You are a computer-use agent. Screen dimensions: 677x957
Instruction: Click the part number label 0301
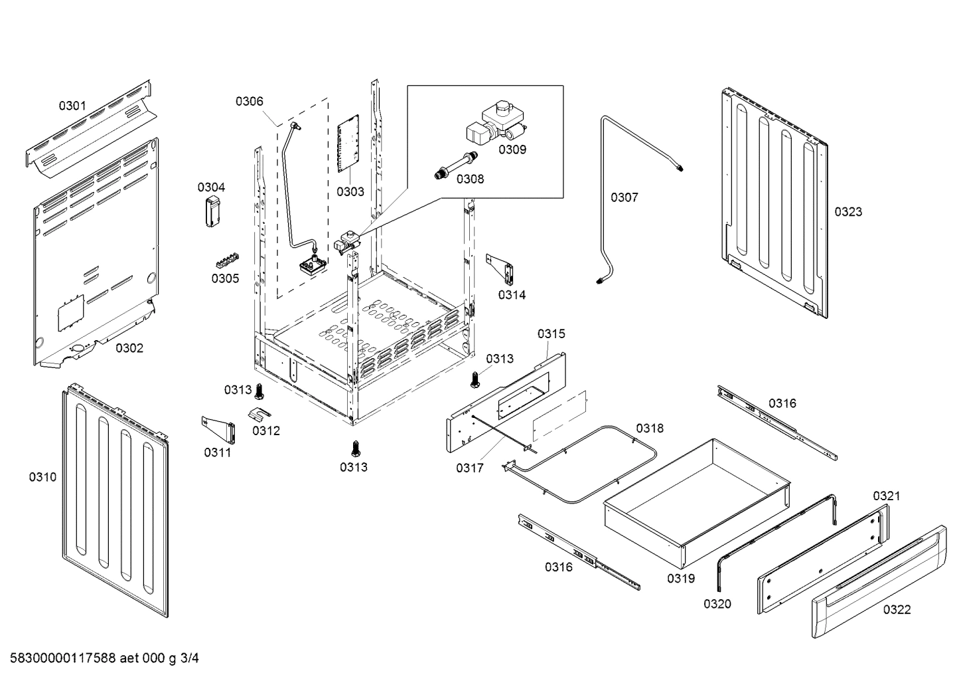point(72,105)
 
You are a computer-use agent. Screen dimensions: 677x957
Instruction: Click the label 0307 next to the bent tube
point(624,197)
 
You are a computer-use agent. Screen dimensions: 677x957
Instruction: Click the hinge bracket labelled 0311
point(220,430)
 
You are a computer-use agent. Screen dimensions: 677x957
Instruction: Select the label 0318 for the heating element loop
point(649,429)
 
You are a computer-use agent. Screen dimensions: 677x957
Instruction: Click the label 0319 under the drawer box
point(681,578)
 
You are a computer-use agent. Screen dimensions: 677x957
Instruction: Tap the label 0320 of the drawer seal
point(717,603)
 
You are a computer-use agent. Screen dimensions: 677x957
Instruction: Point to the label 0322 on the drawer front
point(897,609)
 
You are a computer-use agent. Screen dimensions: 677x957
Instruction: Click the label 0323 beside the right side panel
point(848,212)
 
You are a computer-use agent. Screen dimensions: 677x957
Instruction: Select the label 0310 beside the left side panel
point(42,477)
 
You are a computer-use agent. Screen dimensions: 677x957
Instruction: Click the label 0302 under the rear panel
point(129,348)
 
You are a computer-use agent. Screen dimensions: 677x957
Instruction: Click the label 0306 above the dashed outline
point(249,101)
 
